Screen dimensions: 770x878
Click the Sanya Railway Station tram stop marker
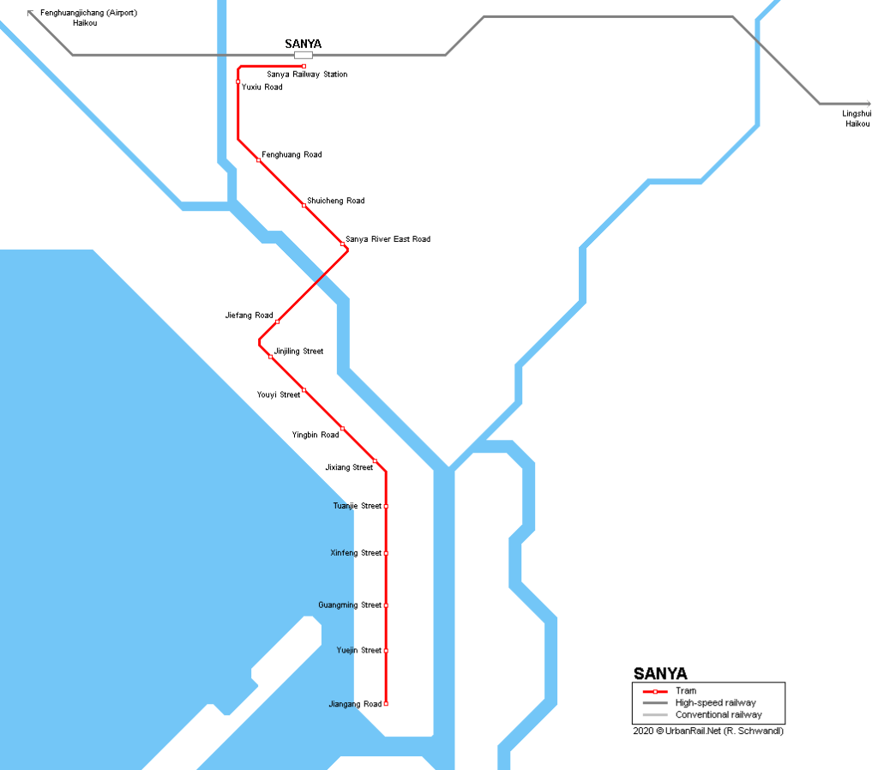pyautogui.click(x=304, y=66)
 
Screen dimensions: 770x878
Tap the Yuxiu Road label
pyautogui.click(x=262, y=87)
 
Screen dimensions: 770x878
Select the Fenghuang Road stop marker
pyautogui.click(x=259, y=160)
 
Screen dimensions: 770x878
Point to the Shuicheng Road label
pyautogui.click(x=335, y=201)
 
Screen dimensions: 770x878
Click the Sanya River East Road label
pyautogui.click(x=388, y=239)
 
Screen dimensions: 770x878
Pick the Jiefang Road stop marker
pyautogui.click(x=278, y=322)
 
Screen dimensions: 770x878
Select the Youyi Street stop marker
pyautogui.click(x=304, y=390)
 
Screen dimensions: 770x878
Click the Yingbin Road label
pyautogui.click(x=315, y=435)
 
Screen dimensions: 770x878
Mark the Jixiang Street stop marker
pyautogui.click(x=376, y=461)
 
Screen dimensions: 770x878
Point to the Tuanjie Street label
pyautogui.click(x=357, y=506)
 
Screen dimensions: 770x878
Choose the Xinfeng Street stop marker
pyautogui.click(x=387, y=553)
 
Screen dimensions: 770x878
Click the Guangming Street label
pyautogui.click(x=350, y=605)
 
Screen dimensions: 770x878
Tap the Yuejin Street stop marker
pyautogui.click(x=387, y=651)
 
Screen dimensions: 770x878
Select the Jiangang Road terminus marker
pyautogui.click(x=387, y=704)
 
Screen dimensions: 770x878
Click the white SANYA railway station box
pyautogui.click(x=304, y=55)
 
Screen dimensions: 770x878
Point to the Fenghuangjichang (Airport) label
pyautogui.click(x=88, y=13)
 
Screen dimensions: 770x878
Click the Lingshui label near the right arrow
pyautogui.click(x=857, y=113)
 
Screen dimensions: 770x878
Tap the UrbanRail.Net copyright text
pyautogui.click(x=708, y=731)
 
